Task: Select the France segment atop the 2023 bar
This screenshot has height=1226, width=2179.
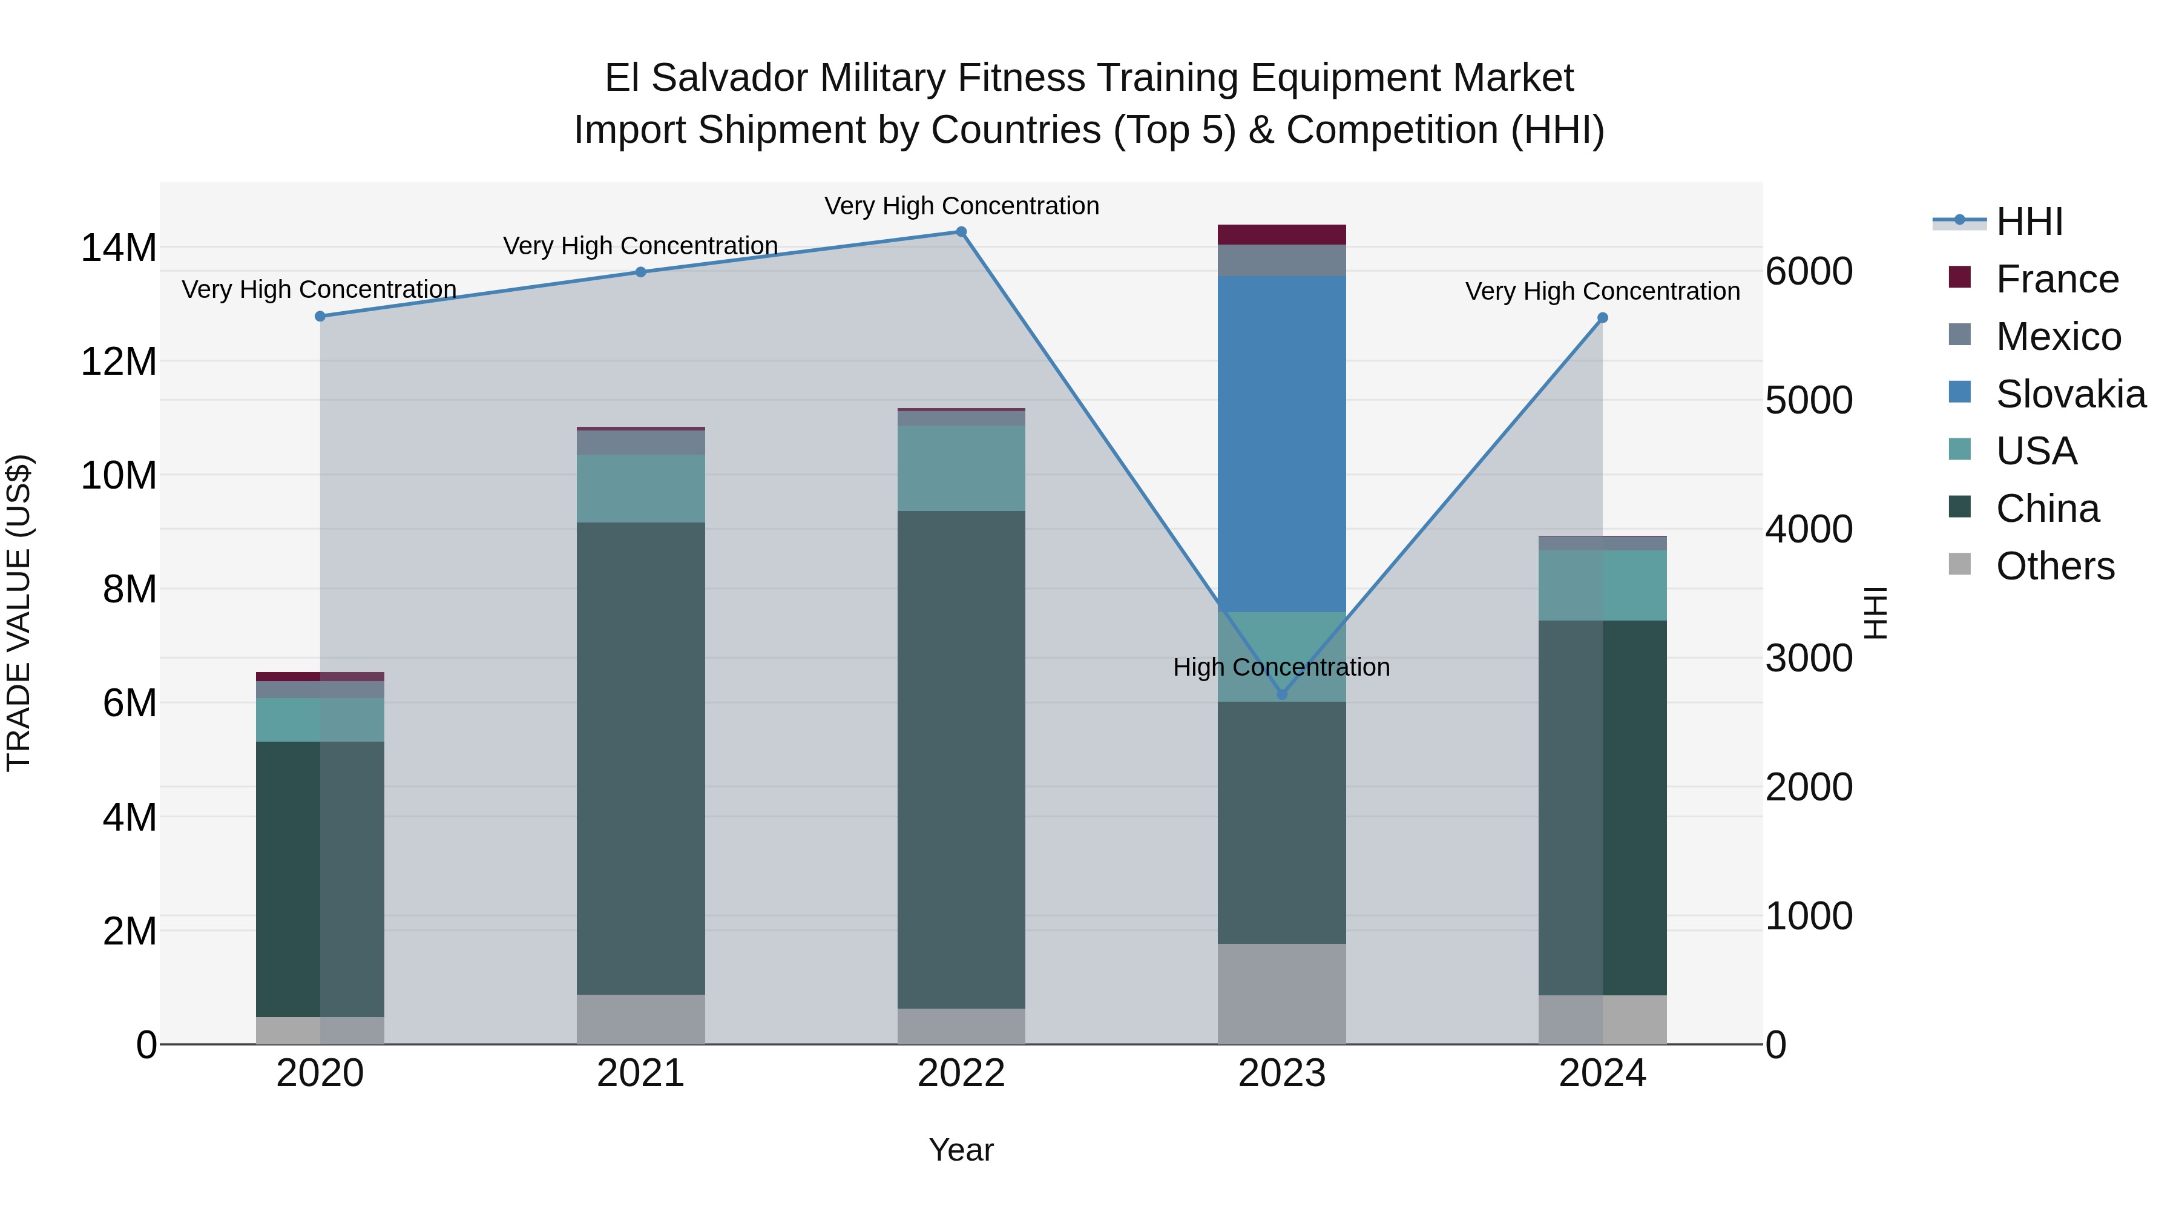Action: coord(1281,234)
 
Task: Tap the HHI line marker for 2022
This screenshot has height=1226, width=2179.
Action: coord(961,232)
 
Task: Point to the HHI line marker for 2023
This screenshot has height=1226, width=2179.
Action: coord(1281,694)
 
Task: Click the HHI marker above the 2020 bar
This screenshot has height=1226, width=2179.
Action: coord(320,317)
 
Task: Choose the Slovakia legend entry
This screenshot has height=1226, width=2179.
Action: coord(2070,394)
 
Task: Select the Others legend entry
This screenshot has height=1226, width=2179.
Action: coord(2055,566)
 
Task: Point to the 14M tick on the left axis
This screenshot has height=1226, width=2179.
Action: coord(119,248)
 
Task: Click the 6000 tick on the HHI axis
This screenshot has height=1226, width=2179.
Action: coord(1809,272)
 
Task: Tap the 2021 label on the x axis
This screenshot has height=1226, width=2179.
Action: coord(640,1073)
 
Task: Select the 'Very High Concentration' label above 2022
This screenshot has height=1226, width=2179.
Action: coord(961,206)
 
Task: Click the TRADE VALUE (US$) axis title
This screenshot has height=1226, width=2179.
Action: coord(19,613)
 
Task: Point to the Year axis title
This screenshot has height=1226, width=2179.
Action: coord(961,1150)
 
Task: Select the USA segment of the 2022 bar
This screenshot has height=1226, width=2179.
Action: coord(961,468)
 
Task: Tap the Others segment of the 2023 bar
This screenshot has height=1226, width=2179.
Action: coord(1281,994)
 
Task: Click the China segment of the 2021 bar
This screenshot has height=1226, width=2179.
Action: coord(640,758)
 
